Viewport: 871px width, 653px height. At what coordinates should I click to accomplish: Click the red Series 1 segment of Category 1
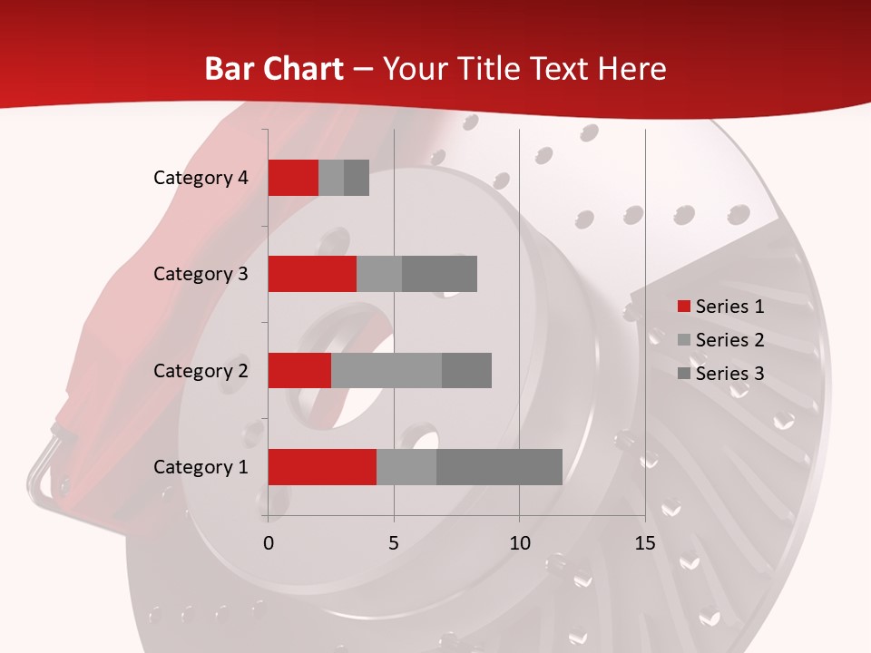322,466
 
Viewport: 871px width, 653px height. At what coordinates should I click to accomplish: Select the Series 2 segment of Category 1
406,466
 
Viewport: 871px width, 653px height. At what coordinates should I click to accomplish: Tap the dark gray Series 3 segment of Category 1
499,466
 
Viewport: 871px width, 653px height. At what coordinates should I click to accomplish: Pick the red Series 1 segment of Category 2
299,370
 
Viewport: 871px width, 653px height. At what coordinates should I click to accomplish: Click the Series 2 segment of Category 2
387,370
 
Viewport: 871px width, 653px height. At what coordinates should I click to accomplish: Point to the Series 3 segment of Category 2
466,370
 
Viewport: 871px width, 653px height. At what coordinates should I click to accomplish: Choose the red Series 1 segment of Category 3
312,274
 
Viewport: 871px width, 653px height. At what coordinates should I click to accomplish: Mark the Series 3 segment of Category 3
439,274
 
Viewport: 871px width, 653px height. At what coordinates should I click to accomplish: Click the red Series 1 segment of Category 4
293,178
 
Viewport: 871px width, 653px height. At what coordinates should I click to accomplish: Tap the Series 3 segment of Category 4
357,178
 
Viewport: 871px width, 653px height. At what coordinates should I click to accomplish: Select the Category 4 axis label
201,178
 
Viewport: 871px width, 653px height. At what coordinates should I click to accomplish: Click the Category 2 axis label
201,370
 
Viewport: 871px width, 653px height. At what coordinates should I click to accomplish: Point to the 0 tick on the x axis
268,543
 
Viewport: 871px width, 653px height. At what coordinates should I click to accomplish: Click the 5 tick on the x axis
394,543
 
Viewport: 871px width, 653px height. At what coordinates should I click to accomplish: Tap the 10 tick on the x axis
519,543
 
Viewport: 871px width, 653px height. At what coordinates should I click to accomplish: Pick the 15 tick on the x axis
644,543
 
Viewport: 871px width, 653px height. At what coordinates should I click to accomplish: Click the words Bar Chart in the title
274,69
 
